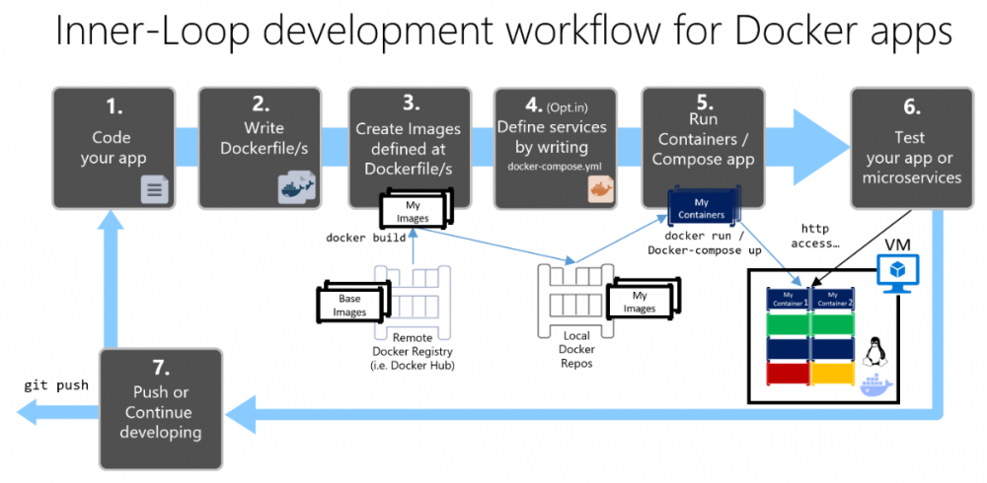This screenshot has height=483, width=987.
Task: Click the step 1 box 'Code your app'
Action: coord(114,148)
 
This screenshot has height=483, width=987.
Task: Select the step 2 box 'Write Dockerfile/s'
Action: coord(261,148)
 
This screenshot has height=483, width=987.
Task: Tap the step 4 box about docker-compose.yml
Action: coord(555,148)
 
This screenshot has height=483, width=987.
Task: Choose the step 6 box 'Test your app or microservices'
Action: coord(910,148)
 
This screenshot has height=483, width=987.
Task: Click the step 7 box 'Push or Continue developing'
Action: coord(159,395)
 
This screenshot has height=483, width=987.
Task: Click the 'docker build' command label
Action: coord(366,238)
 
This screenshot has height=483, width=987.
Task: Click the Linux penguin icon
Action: coord(872,351)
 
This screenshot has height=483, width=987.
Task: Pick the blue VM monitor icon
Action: coord(898,271)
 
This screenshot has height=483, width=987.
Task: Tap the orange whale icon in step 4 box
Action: coord(601,189)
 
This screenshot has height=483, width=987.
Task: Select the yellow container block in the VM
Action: coord(832,375)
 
